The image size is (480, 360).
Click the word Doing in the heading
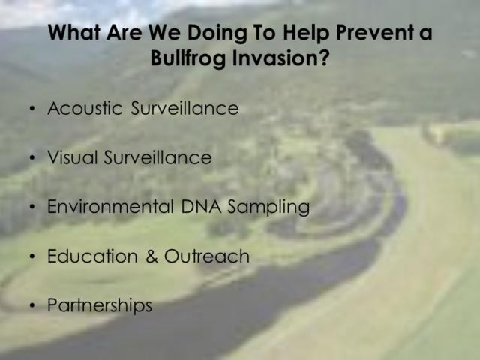tap(217, 33)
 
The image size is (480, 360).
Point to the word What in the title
tap(74, 32)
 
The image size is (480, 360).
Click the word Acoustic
tap(85, 108)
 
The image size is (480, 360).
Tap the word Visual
tap(72, 157)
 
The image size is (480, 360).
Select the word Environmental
tap(110, 206)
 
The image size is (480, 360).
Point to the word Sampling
tap(268, 207)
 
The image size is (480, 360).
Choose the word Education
tap(92, 256)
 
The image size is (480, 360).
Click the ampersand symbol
tap(151, 256)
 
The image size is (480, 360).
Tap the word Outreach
tap(207, 256)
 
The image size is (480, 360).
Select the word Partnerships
tap(100, 305)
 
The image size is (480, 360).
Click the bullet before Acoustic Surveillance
tap(32, 109)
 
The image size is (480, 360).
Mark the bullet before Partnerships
tap(32, 305)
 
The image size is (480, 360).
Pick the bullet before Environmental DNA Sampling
tap(32, 207)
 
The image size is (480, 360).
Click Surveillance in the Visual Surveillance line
tap(157, 157)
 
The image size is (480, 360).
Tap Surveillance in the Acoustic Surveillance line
tap(185, 108)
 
